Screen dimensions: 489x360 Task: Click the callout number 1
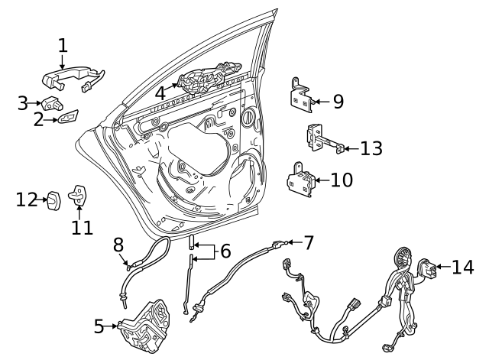(x=63, y=46)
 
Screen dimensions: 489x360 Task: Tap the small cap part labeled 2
(x=68, y=116)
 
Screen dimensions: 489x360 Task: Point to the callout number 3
(x=23, y=103)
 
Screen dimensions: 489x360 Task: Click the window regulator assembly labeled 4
(x=209, y=78)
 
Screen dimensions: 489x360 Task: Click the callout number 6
(x=225, y=251)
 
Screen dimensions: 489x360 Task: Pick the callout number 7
(x=309, y=243)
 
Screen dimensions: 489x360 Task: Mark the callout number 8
(x=118, y=245)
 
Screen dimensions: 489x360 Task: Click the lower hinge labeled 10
(x=301, y=180)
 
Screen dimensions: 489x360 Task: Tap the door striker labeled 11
(x=78, y=196)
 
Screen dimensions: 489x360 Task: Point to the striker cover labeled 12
(x=53, y=200)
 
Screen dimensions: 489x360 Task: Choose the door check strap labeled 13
(x=324, y=138)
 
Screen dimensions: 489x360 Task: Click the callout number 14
(x=463, y=268)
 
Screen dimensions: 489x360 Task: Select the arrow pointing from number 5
(x=110, y=326)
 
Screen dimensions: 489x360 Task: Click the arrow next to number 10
(x=322, y=180)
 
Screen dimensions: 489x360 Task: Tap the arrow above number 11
(x=79, y=212)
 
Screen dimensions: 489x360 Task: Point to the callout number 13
(x=371, y=148)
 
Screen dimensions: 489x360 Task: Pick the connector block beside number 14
(x=427, y=268)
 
